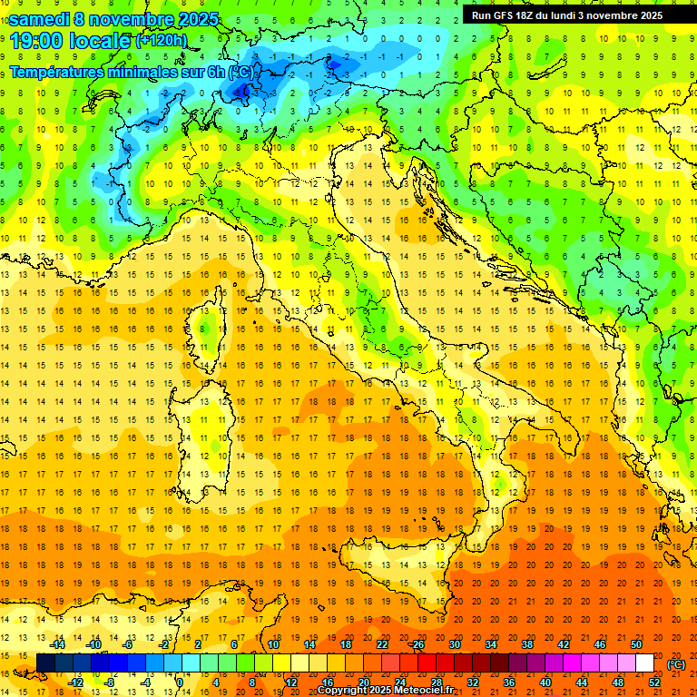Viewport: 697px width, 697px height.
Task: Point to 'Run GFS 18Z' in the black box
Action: (505, 15)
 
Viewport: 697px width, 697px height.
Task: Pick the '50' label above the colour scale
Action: (636, 644)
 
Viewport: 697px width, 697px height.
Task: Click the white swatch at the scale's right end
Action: (644, 663)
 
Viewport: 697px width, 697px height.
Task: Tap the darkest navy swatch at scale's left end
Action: (45, 663)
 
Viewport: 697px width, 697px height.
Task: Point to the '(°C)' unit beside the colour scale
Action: (676, 663)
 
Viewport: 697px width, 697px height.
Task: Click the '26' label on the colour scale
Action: (417, 644)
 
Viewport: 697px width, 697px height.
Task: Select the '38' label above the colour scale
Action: (526, 644)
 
